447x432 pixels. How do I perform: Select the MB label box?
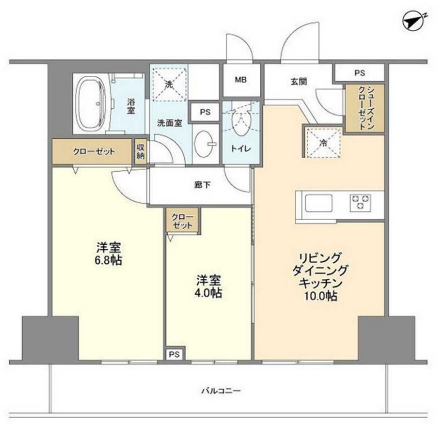click(240, 79)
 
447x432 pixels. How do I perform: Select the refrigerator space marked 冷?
click(324, 142)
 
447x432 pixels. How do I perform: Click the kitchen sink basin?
click(319, 203)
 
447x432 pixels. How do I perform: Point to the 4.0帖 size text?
click(209, 293)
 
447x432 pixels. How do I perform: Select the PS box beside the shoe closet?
click(360, 73)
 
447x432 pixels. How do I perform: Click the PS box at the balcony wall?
click(173, 354)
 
